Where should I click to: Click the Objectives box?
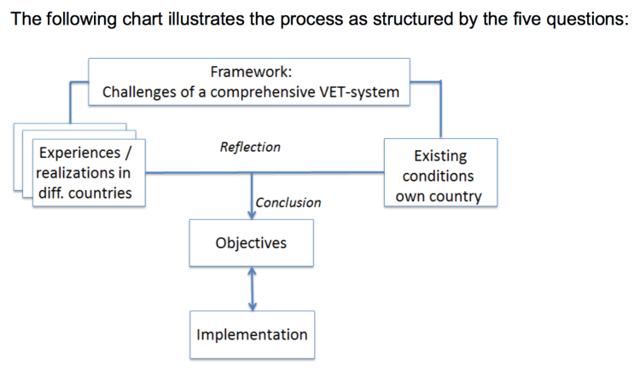[251, 243]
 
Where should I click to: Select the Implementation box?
[252, 334]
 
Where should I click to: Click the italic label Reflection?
[249, 147]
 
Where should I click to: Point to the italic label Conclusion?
[288, 202]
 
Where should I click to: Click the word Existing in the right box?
[439, 156]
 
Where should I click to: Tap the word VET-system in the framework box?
[359, 92]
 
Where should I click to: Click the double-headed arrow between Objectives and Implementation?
[252, 288]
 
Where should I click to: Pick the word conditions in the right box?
[439, 177]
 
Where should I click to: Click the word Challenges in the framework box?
[138, 92]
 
